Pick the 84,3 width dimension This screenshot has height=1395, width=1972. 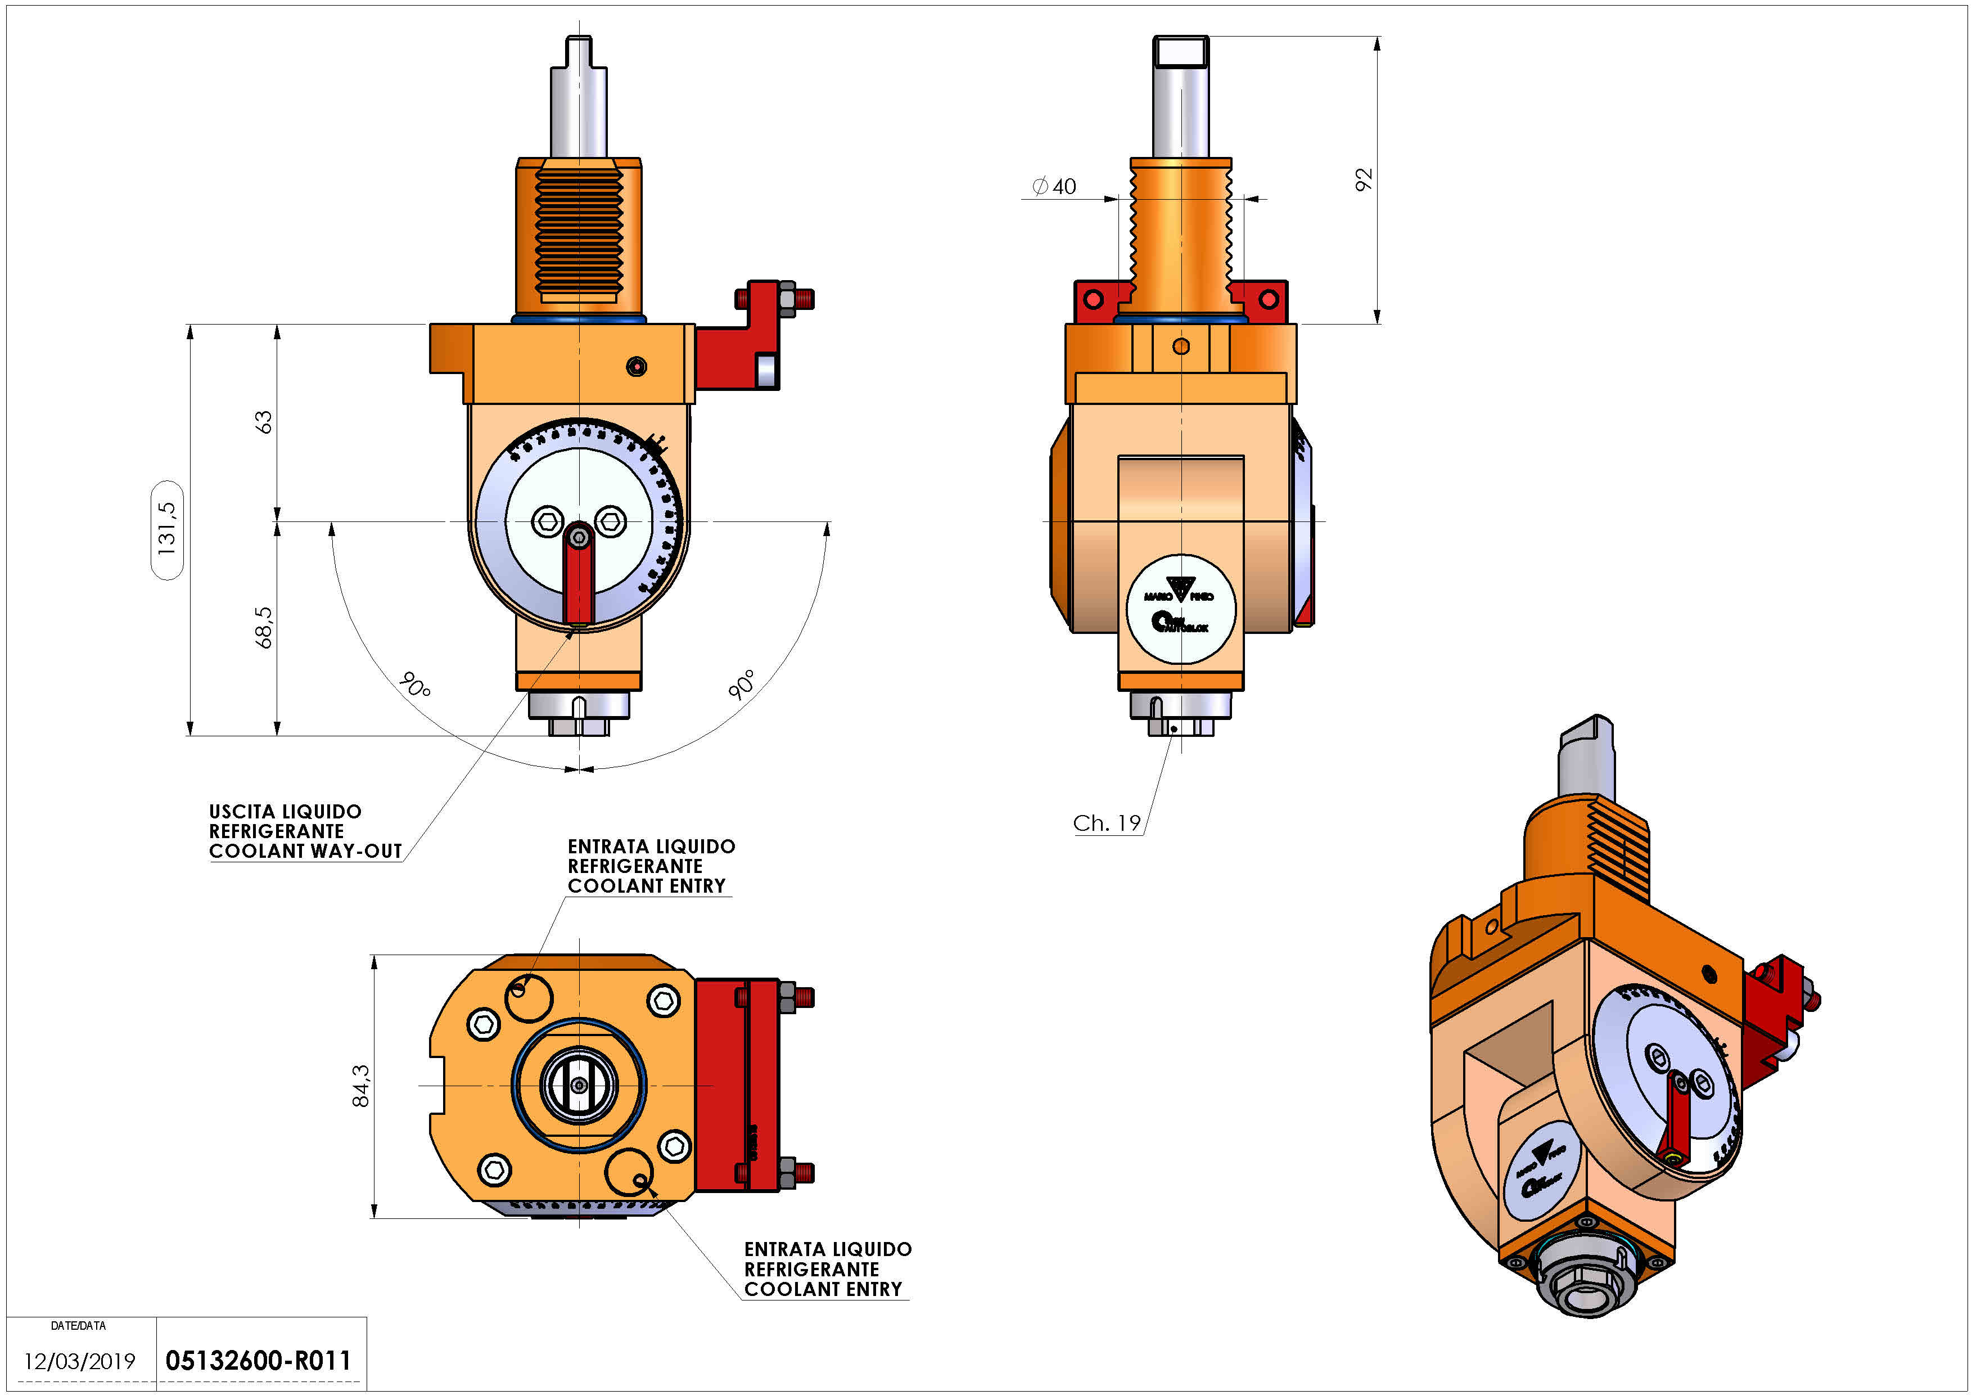(361, 1086)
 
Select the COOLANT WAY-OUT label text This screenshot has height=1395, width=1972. (305, 851)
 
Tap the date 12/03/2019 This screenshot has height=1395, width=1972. (79, 1361)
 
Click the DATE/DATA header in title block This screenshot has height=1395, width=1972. (78, 1325)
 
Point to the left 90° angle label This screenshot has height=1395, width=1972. (415, 686)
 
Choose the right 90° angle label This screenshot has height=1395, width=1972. (742, 684)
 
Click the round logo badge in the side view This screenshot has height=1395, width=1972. (1181, 609)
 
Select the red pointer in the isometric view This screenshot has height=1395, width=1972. (1675, 1116)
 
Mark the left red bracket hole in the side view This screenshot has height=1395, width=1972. (1093, 300)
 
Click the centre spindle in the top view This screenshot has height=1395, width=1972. (579, 1086)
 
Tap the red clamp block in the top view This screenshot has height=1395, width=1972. (737, 1086)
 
